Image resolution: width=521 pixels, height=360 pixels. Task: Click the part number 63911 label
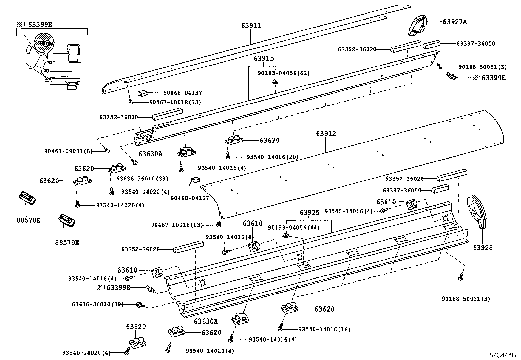(251, 25)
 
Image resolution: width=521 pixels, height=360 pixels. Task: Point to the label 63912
(326, 134)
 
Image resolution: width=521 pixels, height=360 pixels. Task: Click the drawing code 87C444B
(502, 355)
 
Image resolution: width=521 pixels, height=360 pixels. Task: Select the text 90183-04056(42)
(283, 73)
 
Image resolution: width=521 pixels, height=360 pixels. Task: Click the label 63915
(264, 58)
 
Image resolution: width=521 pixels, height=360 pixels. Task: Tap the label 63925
(309, 213)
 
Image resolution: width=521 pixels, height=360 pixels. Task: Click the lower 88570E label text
(67, 243)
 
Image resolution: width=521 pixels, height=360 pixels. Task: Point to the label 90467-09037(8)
(69, 151)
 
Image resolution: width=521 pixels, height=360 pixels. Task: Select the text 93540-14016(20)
(272, 157)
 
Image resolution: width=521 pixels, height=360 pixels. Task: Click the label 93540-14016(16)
(324, 329)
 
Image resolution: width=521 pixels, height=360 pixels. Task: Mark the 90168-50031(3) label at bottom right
(466, 299)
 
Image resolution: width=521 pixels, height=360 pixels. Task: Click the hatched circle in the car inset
(44, 43)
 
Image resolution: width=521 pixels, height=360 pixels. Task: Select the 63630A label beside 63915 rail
(150, 154)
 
